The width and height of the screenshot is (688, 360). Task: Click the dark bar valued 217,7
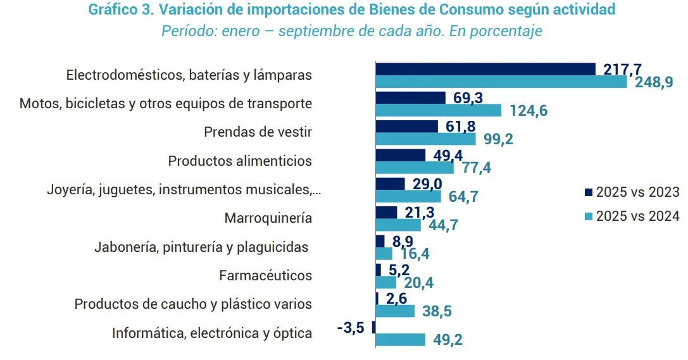(x=485, y=69)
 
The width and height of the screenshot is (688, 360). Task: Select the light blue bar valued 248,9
(x=501, y=82)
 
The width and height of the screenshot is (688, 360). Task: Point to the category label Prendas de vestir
(x=258, y=132)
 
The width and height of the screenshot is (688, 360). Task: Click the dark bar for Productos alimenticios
(x=401, y=155)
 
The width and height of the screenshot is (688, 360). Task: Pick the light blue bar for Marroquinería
(x=398, y=225)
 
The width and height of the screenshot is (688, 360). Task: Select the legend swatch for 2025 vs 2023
(x=589, y=192)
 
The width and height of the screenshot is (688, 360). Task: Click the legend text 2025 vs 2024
(x=638, y=216)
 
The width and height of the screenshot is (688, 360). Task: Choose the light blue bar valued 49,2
(x=401, y=340)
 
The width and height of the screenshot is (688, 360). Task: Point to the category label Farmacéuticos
(x=265, y=275)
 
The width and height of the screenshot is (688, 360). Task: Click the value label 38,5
(x=437, y=311)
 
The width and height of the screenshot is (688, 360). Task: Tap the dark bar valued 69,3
(x=411, y=97)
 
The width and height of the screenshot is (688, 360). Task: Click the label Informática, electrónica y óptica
(x=212, y=333)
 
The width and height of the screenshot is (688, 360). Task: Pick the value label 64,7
(x=463, y=197)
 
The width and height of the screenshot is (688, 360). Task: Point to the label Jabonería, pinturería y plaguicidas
(x=201, y=247)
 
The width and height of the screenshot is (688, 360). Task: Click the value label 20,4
(x=418, y=283)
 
